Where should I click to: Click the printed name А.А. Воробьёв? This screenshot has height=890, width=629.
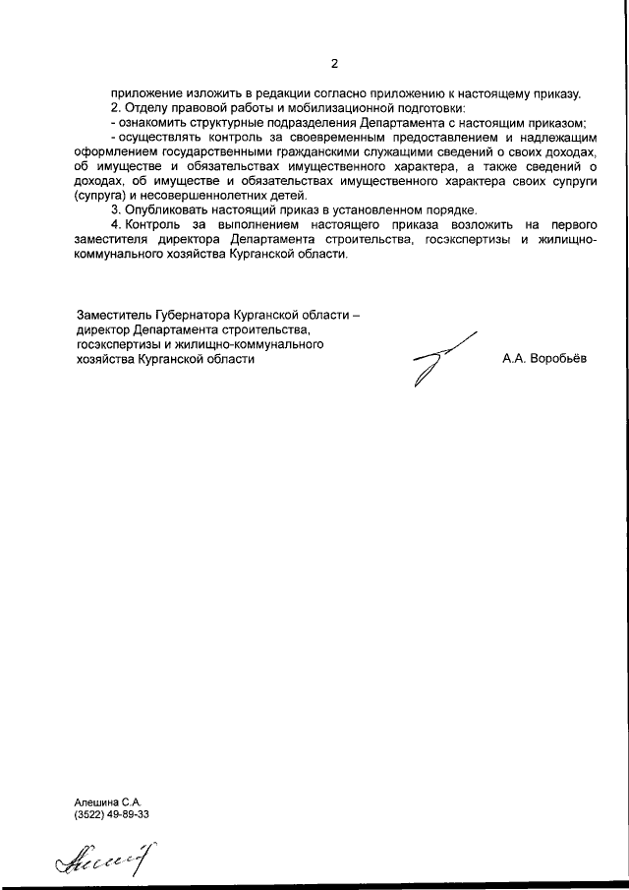click(x=543, y=359)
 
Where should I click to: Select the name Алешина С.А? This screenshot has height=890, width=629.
click(x=108, y=801)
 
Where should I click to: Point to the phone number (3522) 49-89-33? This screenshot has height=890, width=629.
click(x=112, y=815)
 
